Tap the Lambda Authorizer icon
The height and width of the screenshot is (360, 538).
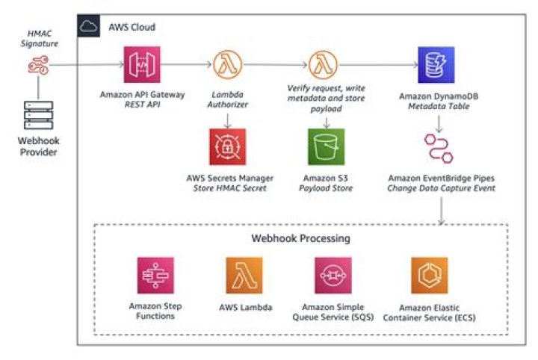(228, 65)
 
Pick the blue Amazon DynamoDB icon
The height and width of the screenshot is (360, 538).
(436, 65)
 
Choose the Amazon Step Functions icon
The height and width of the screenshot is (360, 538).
(155, 276)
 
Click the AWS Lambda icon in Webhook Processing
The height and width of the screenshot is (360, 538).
(244, 276)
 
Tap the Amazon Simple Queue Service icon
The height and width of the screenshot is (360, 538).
(333, 276)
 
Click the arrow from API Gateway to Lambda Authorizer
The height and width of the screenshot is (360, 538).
(188, 66)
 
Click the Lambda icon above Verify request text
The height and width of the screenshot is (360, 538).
(322, 65)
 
